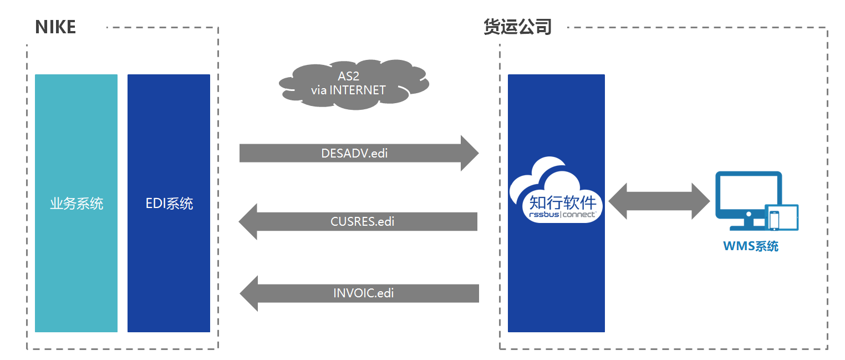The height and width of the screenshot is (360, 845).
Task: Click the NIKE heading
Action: (x=55, y=27)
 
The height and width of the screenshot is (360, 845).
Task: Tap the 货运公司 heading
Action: (x=517, y=27)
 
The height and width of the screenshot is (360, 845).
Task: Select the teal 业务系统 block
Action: (x=76, y=203)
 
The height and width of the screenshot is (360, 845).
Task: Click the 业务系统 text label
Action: (x=77, y=204)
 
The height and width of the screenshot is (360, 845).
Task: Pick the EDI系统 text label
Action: (x=169, y=204)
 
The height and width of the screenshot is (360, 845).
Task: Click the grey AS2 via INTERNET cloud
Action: (x=354, y=84)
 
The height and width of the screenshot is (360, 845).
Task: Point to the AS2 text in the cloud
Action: (x=348, y=76)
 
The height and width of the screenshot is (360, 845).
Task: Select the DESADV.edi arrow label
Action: (x=354, y=153)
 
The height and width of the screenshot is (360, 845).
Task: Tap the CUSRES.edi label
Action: (x=362, y=221)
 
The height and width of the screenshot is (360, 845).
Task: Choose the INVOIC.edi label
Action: (x=363, y=293)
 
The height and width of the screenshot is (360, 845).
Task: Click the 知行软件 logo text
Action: (x=562, y=202)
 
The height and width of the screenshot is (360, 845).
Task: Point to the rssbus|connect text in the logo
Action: (x=562, y=214)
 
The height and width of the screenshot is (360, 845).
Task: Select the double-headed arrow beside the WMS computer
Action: (x=659, y=201)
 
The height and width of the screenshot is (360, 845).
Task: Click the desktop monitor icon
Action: (x=749, y=200)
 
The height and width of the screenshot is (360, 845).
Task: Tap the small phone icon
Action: (x=774, y=220)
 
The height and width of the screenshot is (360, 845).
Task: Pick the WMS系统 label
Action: (x=751, y=246)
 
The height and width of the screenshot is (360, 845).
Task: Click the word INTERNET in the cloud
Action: (x=358, y=90)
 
